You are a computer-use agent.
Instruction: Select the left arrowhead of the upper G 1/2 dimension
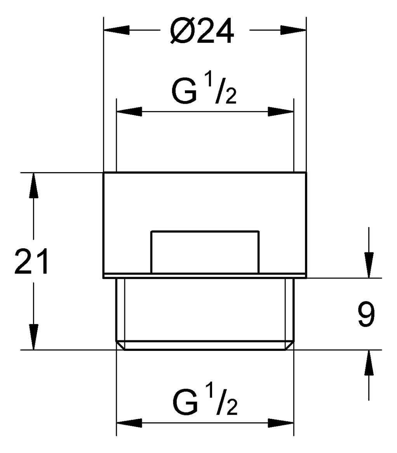tap(129, 112)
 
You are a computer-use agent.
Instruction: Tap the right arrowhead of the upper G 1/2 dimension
tap(281, 112)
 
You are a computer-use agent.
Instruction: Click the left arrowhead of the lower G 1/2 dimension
tap(129, 423)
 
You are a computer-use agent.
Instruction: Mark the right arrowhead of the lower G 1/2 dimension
tap(281, 423)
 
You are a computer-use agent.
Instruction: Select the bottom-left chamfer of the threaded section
tap(120, 345)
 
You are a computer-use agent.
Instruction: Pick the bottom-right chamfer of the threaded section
tap(289, 345)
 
